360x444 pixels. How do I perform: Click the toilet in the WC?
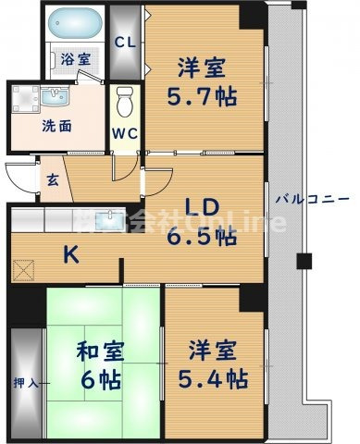coord(123,101)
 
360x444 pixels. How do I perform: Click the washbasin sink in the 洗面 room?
coord(43,97)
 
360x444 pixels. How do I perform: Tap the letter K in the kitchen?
coord(70,253)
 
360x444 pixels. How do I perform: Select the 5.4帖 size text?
coord(213,378)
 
